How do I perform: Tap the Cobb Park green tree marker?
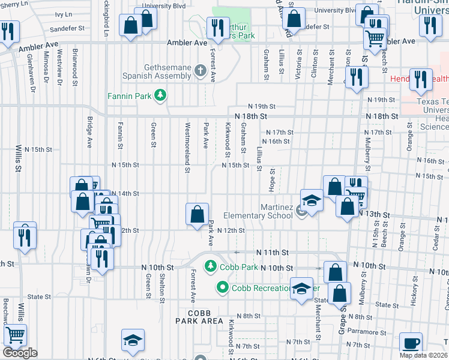210,266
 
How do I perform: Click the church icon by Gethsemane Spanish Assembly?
201,72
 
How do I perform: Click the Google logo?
20,353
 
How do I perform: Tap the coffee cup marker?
411,344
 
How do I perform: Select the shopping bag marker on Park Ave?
197,214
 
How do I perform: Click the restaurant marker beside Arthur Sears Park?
215,27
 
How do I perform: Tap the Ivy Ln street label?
63,14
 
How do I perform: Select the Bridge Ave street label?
89,133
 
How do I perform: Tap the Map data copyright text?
424,355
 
